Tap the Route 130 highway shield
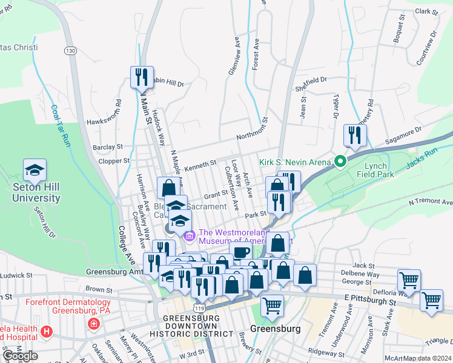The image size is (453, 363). pos(71,51)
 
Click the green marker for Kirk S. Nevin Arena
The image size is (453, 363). pos(340,162)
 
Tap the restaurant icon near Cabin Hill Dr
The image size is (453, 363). pos(142,77)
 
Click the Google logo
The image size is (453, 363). pos(20,355)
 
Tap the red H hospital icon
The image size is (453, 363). pos(47,332)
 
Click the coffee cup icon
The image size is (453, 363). pos(240,252)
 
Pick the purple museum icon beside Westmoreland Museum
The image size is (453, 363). pos(190,235)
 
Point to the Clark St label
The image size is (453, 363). pos(426,11)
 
